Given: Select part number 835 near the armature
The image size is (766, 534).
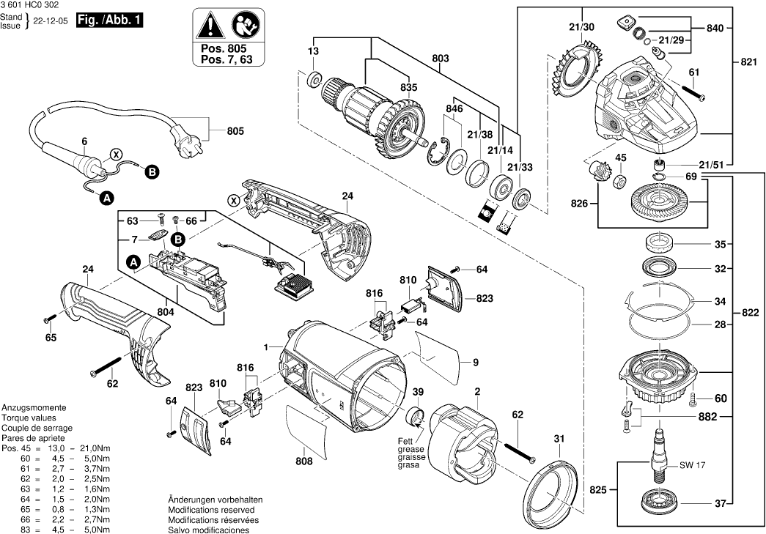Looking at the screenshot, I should pyautogui.click(x=408, y=87).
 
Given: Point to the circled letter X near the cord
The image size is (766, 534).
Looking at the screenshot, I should pyautogui.click(x=115, y=155).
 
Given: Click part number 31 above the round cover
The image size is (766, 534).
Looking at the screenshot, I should pyautogui.click(x=559, y=439).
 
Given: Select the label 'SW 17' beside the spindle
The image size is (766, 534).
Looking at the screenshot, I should pyautogui.click(x=691, y=465).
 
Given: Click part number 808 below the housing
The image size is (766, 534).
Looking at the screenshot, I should pyautogui.click(x=304, y=461).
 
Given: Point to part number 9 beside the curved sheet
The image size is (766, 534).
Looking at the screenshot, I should pyautogui.click(x=475, y=362).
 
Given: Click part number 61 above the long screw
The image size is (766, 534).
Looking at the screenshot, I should pyautogui.click(x=694, y=72).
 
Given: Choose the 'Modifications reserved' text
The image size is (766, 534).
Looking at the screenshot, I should pyautogui.click(x=211, y=509).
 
